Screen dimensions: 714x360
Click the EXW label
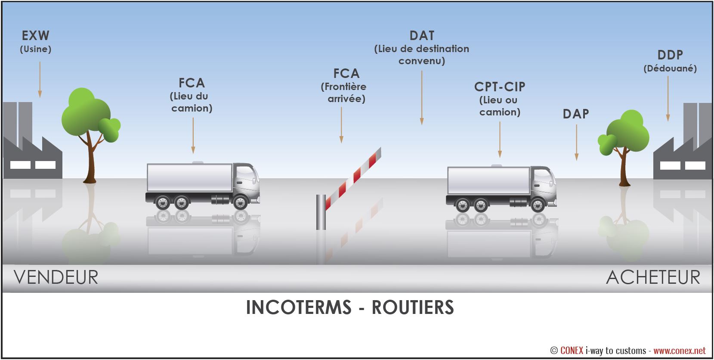pos(35,35)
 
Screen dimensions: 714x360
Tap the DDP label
pos(670,55)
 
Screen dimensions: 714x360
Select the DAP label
pos(576,114)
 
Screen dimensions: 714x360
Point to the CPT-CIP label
pos(500,87)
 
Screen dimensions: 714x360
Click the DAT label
pos(422,36)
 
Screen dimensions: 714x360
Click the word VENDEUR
pos(56,277)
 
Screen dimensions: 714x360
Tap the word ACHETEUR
pos(653,277)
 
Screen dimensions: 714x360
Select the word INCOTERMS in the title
pos(299,307)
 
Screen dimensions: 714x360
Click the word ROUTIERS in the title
pos(412,307)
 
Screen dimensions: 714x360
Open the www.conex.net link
pos(680,351)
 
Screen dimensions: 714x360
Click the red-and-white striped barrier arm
pos(353,179)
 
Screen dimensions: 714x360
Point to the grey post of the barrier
pos(321,212)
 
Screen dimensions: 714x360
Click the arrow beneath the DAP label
pos(576,143)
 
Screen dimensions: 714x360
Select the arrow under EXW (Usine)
pos(40,80)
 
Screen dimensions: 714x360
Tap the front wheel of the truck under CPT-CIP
pos(538,205)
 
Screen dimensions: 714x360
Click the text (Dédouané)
pos(670,68)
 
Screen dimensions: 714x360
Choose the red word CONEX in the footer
pos(572,351)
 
